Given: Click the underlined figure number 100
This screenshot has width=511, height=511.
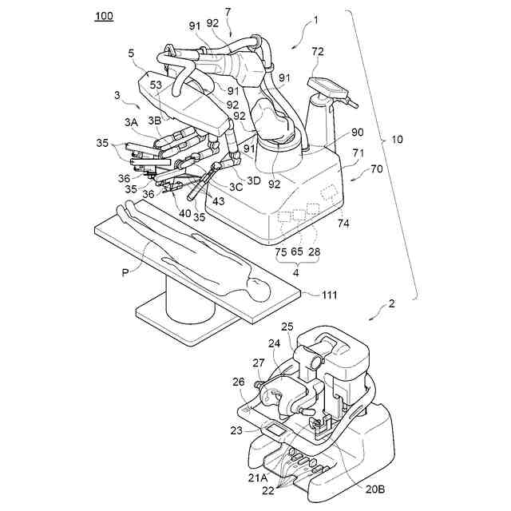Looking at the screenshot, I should (x=104, y=17).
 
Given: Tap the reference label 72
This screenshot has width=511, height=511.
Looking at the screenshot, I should (x=318, y=53).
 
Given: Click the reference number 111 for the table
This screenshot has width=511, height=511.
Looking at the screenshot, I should (x=329, y=295).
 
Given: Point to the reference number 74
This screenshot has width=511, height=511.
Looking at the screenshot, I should (x=343, y=224).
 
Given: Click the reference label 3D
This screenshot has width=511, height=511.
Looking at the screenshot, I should (x=253, y=180).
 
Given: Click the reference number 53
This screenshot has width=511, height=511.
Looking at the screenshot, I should (x=156, y=85).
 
